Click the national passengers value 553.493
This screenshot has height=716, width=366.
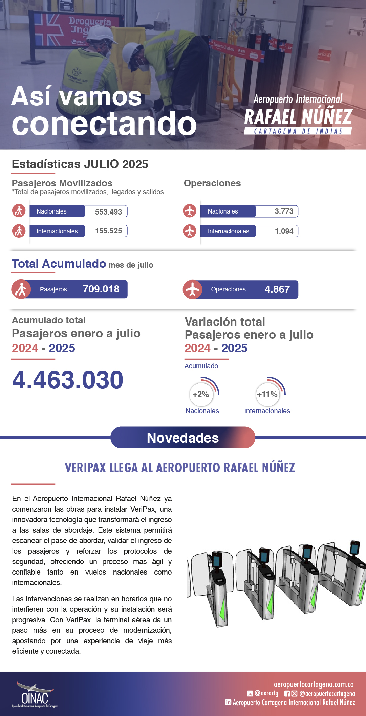108,212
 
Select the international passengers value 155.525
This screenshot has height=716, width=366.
108,231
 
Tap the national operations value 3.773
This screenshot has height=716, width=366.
284,211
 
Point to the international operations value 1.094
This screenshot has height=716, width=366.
284,231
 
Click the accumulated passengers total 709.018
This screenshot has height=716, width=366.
101,289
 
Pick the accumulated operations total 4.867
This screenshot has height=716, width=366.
277,289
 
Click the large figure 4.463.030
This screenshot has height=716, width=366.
68,380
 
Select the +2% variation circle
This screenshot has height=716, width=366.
201,395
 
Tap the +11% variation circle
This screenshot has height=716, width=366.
267,395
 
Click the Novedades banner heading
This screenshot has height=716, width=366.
183,438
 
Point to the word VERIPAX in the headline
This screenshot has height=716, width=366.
85,468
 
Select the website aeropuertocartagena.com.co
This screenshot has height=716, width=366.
314,685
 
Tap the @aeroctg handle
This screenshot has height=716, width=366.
266,693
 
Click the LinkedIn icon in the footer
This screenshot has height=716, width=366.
228,702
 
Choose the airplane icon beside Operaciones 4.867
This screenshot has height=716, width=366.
192,290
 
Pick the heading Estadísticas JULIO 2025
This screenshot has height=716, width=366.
80,164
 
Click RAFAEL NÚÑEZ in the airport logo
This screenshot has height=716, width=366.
298,117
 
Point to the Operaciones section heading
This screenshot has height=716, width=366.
212,183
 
